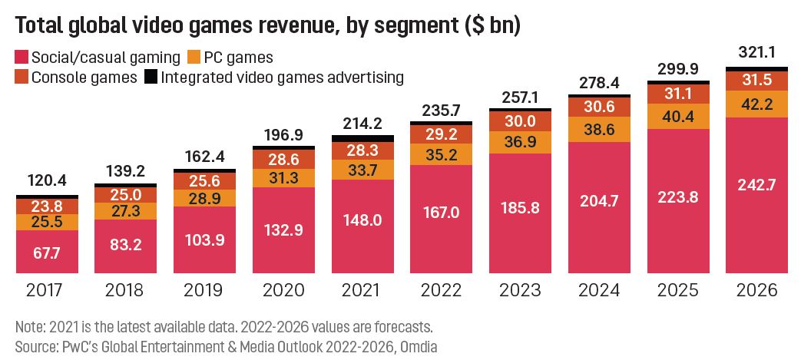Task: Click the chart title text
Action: pyautogui.click(x=268, y=25)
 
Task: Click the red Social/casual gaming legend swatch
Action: pyautogui.click(x=21, y=57)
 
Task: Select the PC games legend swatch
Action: pyautogui.click(x=194, y=57)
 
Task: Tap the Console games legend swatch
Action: pyautogui.click(x=21, y=77)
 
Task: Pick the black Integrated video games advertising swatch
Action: pyautogui.click(x=151, y=77)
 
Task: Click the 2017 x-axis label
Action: pyautogui.click(x=46, y=292)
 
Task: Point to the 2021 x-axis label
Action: pyautogui.click(x=361, y=292)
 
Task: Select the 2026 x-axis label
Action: pyautogui.click(x=756, y=292)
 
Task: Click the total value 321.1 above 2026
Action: pyautogui.click(x=756, y=55)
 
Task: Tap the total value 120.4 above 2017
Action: pyautogui.click(x=46, y=181)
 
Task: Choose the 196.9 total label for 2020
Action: pyautogui.click(x=282, y=135)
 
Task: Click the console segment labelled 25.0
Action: pyautogui.click(x=125, y=196)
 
